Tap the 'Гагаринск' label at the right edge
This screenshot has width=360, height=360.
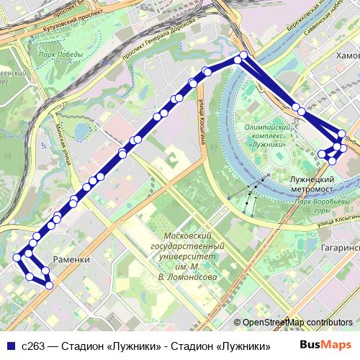coord(338,247)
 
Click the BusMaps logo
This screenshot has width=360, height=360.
coord(325,345)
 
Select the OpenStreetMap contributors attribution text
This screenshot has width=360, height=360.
coord(297,323)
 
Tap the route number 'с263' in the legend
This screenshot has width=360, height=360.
coord(35,346)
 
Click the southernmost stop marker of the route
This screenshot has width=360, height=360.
coord(48,285)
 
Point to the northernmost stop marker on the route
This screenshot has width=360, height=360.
coord(243,55)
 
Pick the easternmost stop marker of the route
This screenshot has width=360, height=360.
coord(343,148)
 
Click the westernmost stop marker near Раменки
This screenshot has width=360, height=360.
coord(17,257)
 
